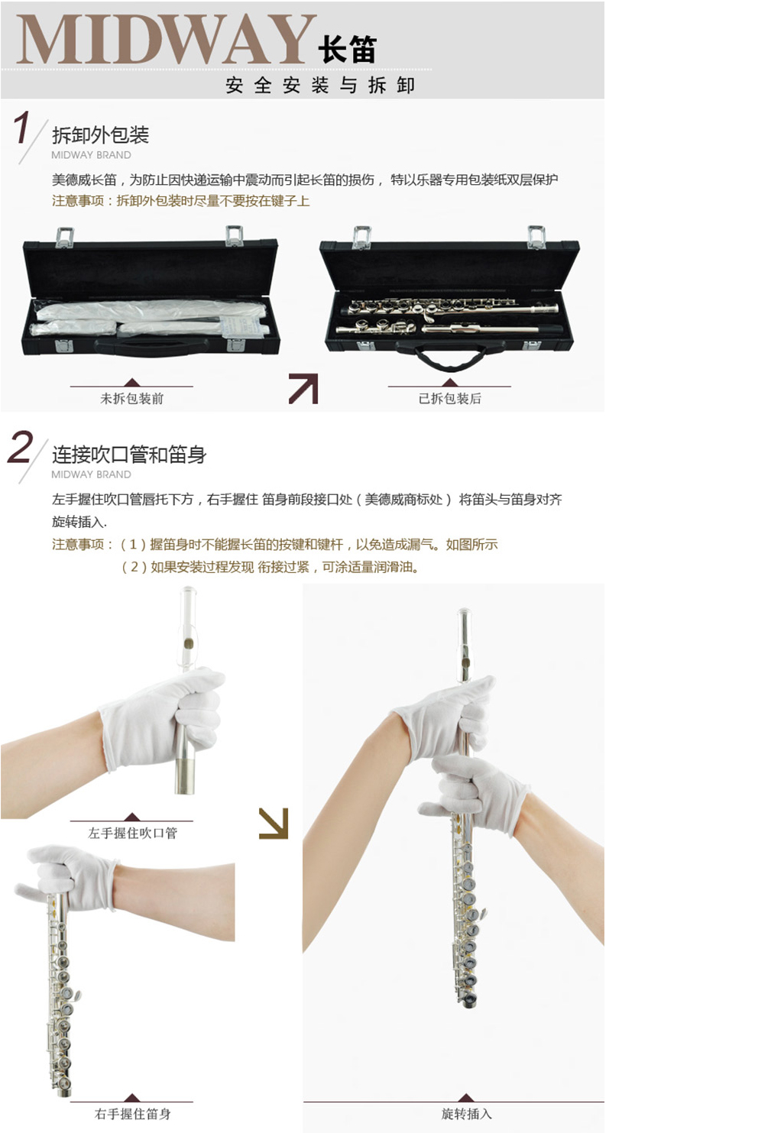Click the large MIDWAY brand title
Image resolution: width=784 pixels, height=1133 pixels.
[x=166, y=40]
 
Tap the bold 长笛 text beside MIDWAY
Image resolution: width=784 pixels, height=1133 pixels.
[x=348, y=49]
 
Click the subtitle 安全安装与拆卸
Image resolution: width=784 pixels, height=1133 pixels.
[x=320, y=85]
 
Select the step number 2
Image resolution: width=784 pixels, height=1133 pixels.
[x=20, y=447]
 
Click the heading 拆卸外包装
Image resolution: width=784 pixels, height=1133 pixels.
[x=101, y=135]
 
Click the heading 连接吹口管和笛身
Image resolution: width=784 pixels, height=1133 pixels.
[x=129, y=455]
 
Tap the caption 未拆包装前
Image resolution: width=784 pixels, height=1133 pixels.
[x=131, y=399]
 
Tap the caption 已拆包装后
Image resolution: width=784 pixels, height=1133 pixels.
[x=449, y=399]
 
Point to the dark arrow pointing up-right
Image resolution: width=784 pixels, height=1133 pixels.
[x=303, y=388]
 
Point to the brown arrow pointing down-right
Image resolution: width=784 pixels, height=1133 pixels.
[x=274, y=824]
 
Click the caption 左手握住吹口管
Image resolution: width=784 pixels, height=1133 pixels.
[x=132, y=833]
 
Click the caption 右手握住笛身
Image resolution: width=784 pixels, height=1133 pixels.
[x=132, y=1113]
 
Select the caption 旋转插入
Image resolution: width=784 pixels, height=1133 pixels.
[x=466, y=1113]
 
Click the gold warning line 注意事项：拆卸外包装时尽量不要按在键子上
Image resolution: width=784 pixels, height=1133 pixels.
[x=180, y=201]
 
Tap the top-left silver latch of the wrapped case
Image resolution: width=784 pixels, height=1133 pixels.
[x=65, y=238]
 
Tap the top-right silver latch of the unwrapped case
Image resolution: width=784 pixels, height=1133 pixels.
[x=536, y=237]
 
